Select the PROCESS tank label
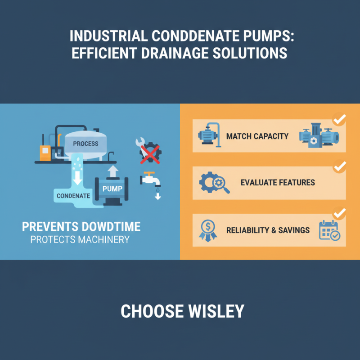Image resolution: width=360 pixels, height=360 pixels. (x=85, y=144)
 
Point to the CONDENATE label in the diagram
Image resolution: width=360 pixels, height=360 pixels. (x=73, y=196)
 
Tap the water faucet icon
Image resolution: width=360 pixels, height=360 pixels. (x=149, y=179)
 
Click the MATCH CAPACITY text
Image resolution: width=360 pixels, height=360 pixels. (x=257, y=136)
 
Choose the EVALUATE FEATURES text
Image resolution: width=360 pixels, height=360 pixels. (x=278, y=183)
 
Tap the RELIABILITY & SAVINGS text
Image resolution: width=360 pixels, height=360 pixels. (x=268, y=230)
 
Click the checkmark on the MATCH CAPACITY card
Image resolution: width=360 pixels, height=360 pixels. (x=339, y=120)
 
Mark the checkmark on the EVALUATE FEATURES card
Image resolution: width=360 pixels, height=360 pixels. (x=339, y=166)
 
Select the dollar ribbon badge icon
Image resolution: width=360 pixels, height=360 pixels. (x=207, y=230)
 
